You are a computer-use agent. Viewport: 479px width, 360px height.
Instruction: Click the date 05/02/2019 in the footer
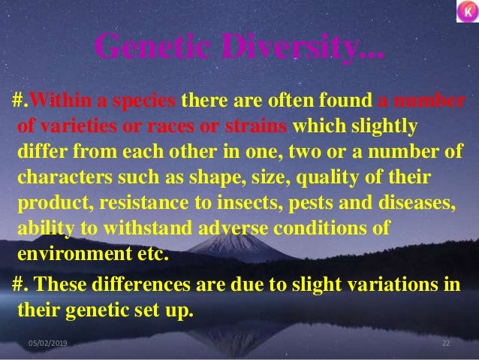(47, 343)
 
